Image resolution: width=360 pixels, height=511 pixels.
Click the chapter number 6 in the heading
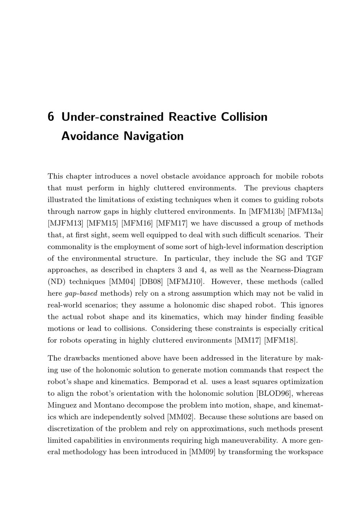tap(51, 117)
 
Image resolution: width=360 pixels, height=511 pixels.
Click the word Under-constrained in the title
tap(113, 117)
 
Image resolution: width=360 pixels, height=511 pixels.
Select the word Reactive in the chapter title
tap(192, 117)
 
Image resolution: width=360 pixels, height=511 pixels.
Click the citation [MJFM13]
tap(65, 223)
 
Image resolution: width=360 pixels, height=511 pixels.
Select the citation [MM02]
tap(181, 417)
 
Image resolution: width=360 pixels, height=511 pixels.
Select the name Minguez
tap(62, 405)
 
